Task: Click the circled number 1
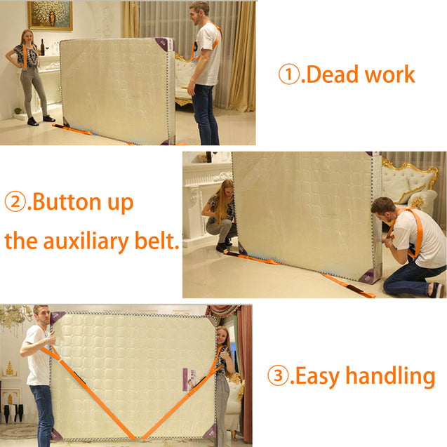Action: (x=289, y=74)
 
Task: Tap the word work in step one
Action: (x=390, y=74)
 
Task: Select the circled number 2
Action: (x=15, y=201)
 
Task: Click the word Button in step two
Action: (x=67, y=202)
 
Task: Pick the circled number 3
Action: (x=278, y=375)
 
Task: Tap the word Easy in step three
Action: (x=317, y=377)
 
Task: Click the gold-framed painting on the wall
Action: (x=50, y=15)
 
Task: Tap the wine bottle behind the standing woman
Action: (x=43, y=47)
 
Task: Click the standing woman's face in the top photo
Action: (x=27, y=37)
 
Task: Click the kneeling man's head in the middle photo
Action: (x=383, y=210)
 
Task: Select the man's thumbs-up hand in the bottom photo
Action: (x=51, y=340)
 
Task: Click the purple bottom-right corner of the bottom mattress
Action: (x=210, y=432)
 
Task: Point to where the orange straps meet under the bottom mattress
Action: (x=138, y=438)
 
